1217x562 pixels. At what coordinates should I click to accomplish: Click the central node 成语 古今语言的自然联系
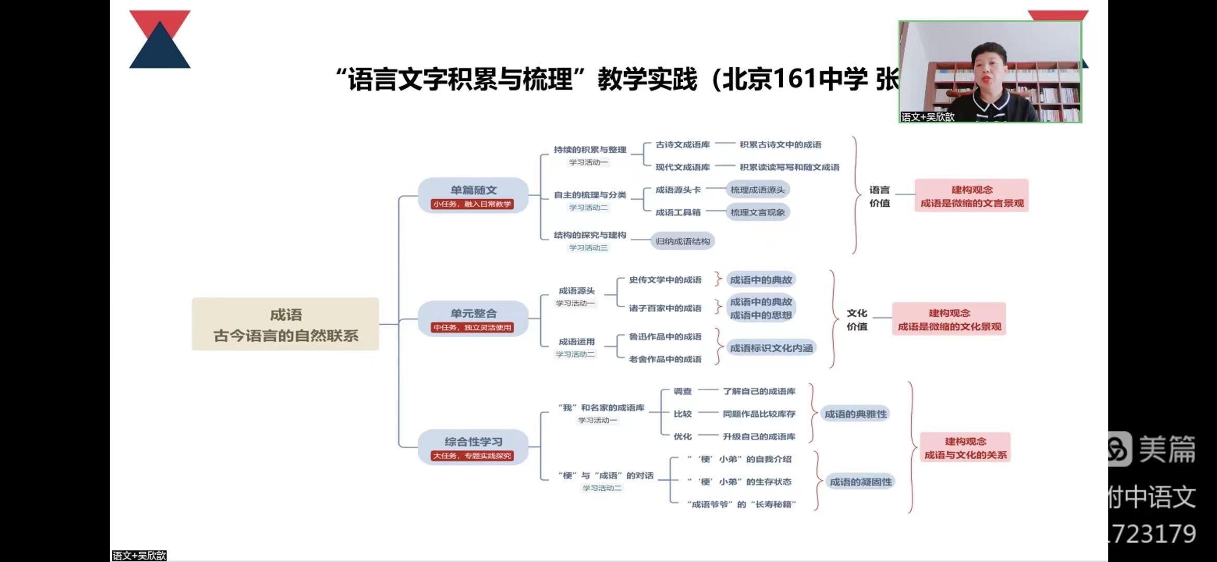coord(285,324)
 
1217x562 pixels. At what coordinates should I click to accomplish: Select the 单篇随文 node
coord(473,190)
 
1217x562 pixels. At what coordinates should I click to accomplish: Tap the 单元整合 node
coord(473,313)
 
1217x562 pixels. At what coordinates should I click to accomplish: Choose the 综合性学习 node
coord(473,442)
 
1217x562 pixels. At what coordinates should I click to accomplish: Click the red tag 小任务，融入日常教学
coord(472,204)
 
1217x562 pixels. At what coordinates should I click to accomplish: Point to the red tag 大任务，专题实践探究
coord(472,456)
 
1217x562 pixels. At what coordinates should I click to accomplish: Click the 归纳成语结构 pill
coord(682,241)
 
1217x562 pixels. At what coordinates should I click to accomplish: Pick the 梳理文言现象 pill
coord(757,212)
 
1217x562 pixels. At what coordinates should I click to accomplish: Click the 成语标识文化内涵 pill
coord(771,348)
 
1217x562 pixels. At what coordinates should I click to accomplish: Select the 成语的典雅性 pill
coord(856,414)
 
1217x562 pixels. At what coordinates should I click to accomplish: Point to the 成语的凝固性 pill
coord(860,482)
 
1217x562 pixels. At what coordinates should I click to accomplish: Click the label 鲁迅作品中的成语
coord(665,337)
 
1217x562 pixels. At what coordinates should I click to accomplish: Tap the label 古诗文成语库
coord(682,145)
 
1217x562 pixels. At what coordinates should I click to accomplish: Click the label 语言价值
coord(879,196)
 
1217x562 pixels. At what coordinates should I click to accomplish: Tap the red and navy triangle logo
coord(160,40)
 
